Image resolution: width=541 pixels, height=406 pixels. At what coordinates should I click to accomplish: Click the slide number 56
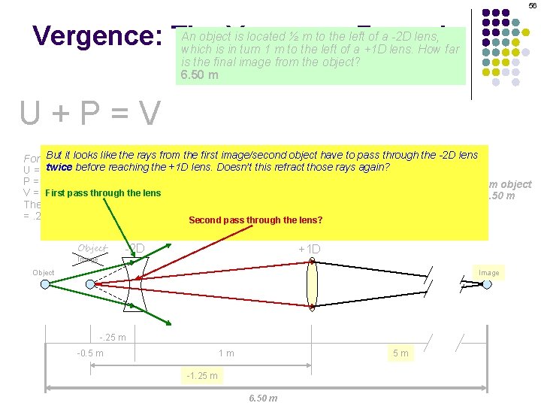(533, 5)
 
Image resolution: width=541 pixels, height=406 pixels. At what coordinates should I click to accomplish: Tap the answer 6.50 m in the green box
(200, 75)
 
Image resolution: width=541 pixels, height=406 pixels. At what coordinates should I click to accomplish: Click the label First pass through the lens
(103, 193)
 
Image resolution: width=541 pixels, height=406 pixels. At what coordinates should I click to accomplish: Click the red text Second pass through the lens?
(255, 220)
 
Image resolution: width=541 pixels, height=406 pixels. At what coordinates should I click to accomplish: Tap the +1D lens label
(310, 249)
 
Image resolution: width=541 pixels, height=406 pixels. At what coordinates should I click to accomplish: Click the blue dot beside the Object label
(45, 283)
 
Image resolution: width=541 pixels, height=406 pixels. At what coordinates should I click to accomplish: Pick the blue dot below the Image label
(487, 283)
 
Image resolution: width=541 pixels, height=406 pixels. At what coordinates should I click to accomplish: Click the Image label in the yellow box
(488, 272)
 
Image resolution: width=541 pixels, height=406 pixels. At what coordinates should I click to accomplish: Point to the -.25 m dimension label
(113, 337)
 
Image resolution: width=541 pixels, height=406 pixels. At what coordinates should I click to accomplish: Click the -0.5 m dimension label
(90, 353)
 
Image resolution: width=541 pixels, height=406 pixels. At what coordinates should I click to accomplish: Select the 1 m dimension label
(226, 353)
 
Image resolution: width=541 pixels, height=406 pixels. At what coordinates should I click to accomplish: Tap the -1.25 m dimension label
(201, 375)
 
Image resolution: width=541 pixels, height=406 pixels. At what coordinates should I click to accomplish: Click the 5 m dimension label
(400, 353)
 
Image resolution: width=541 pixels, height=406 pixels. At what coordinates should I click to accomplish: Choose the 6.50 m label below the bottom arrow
(263, 398)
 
